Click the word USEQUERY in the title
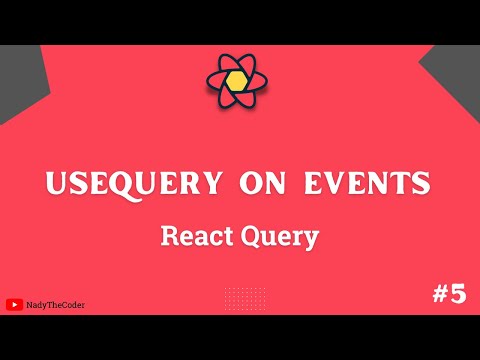point(125,184)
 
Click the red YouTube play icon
point(15,304)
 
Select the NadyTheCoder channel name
point(56,304)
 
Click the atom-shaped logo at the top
point(240,83)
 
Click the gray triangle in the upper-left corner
point(18,80)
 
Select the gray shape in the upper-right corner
point(456,70)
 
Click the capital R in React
point(169,237)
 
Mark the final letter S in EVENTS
point(422,184)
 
